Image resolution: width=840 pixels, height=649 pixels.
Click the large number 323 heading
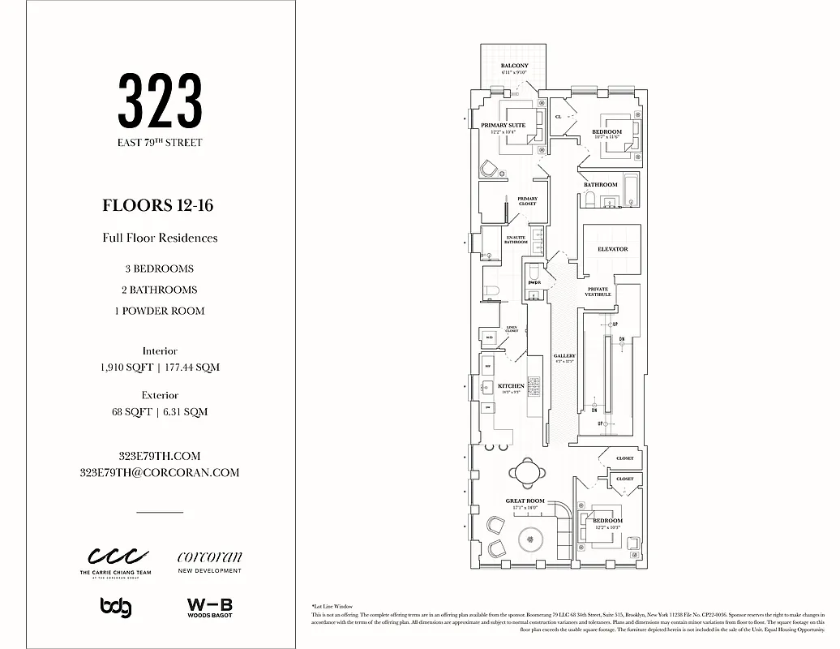(x=160, y=101)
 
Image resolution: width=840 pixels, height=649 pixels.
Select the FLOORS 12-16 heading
(x=158, y=205)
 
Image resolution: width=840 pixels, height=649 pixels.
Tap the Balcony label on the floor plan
(x=514, y=66)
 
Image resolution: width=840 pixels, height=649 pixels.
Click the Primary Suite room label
(x=503, y=126)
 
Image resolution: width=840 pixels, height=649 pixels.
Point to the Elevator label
(x=612, y=249)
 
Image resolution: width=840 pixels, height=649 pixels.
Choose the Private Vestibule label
(x=598, y=292)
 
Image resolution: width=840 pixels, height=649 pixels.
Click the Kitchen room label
(x=511, y=386)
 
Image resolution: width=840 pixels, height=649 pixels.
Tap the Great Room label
(x=525, y=501)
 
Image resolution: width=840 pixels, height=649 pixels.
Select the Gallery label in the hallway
(x=564, y=357)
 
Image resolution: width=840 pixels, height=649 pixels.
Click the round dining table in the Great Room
(x=526, y=470)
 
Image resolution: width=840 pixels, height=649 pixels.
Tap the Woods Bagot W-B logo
(x=209, y=608)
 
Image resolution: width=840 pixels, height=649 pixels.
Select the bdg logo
(x=115, y=607)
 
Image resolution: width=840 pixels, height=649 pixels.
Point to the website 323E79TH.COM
(x=160, y=456)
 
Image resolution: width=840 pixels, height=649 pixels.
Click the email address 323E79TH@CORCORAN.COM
(x=160, y=472)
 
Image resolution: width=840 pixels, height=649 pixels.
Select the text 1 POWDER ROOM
(x=160, y=311)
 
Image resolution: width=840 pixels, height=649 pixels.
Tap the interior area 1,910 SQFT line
(x=160, y=367)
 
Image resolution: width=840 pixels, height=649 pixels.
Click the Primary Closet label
(x=527, y=200)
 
